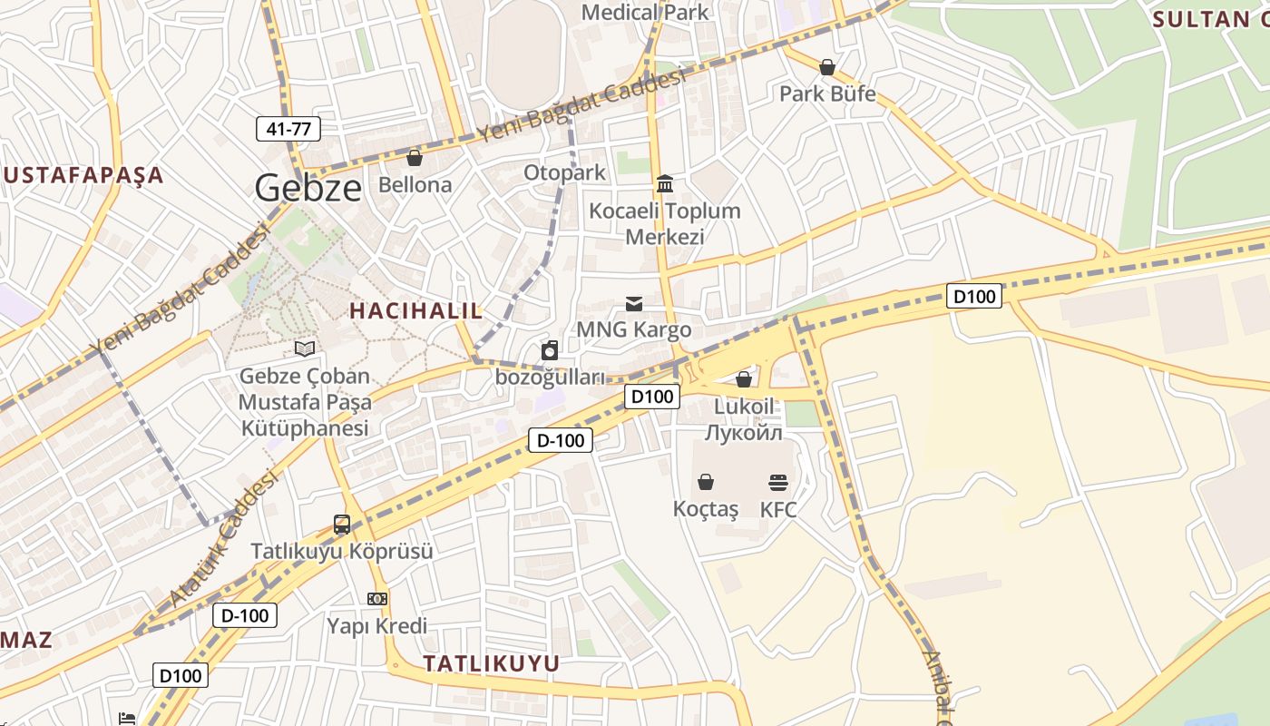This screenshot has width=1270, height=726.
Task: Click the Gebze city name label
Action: coord(308,188)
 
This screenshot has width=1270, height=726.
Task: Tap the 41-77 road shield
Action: coord(288,129)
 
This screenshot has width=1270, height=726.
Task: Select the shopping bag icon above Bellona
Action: coord(415,158)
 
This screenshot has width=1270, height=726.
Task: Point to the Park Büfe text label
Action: coord(827,93)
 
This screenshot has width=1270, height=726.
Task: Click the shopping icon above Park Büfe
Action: coord(827,67)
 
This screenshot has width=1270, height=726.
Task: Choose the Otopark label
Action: coord(564,172)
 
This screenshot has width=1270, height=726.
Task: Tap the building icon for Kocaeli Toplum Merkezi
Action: coord(665,184)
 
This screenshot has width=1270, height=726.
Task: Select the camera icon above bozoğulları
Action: coord(550,350)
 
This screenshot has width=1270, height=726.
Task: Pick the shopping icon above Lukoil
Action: coord(744,379)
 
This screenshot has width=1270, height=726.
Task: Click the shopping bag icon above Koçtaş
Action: coord(706,482)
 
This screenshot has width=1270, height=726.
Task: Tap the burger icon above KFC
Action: coord(778,482)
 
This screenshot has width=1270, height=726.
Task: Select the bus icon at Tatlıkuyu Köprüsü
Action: coord(342,524)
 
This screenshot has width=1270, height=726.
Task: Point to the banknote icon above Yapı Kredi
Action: coord(377,599)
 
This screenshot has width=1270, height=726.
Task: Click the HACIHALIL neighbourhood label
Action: coord(416,310)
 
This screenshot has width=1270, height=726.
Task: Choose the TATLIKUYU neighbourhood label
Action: coord(492,663)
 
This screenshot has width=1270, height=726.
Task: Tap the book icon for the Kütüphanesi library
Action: coord(305,348)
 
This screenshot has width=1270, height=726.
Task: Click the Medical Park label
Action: coord(645,13)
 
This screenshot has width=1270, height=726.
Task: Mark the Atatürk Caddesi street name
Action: coord(223,540)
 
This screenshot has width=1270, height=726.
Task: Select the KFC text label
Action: coord(778,509)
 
